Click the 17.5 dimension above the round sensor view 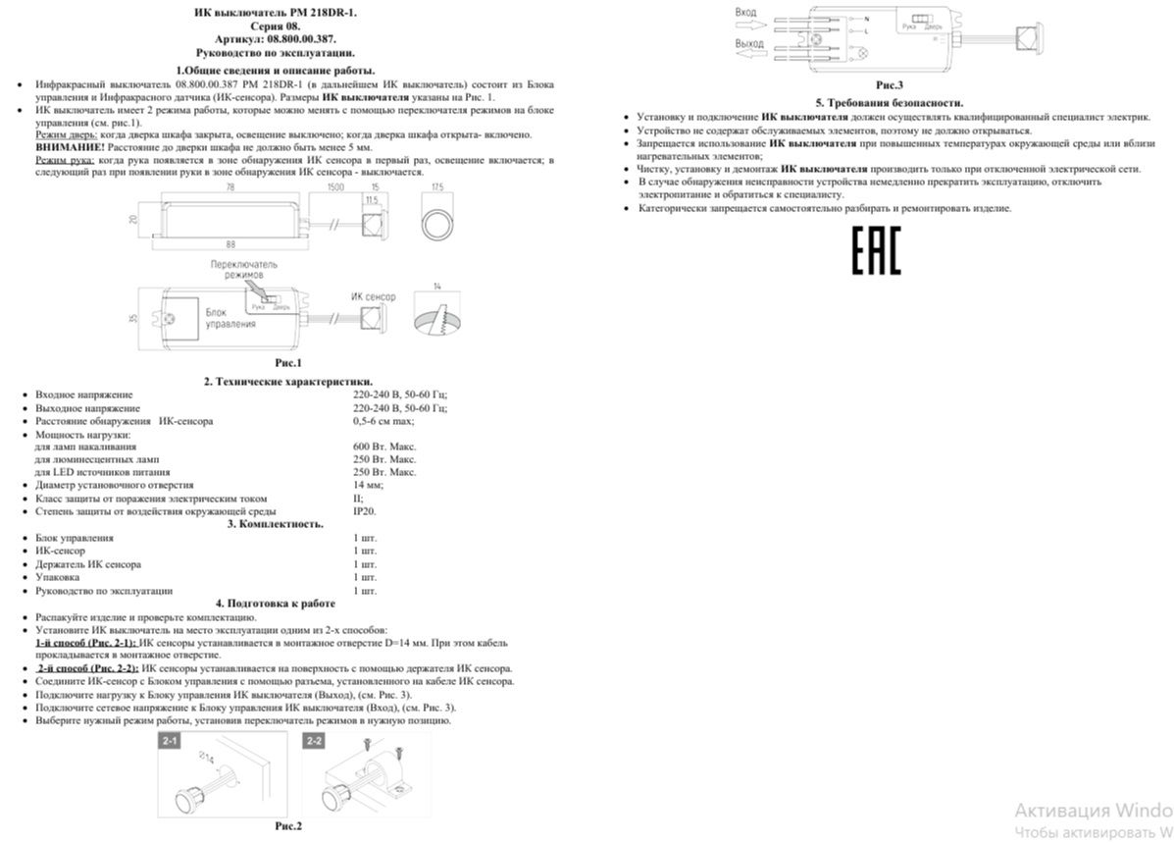tap(437, 185)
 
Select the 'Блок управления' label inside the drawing tap(225, 317)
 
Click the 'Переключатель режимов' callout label tap(245, 271)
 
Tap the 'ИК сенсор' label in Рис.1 tap(373, 295)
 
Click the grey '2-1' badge tap(170, 740)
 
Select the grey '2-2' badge tap(315, 740)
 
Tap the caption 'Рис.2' tap(288, 826)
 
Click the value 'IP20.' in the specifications tap(364, 511)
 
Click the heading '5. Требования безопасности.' tap(889, 102)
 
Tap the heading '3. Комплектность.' tap(276, 524)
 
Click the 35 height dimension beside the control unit tap(133, 317)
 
